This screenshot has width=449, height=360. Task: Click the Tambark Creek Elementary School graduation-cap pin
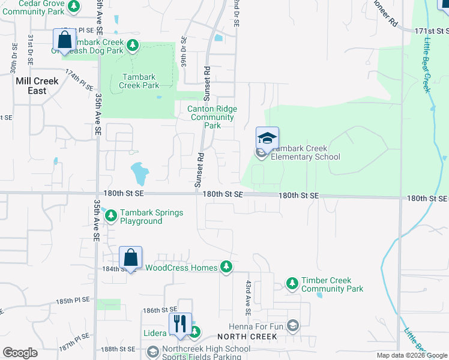tap(267, 139)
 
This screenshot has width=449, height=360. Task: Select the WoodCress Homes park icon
tap(226, 267)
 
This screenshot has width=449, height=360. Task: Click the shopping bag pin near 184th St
tap(130, 257)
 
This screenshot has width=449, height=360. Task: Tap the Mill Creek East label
tap(37, 86)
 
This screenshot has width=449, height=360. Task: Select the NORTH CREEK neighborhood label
tap(247, 337)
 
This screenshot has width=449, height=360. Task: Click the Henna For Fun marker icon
tap(293, 326)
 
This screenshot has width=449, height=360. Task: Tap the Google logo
tap(20, 353)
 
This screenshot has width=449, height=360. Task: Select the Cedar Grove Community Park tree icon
tap(73, 7)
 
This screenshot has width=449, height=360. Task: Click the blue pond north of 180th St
tap(139, 173)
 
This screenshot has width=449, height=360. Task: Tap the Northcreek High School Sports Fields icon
tap(153, 352)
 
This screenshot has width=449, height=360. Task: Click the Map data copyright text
tap(410, 355)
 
